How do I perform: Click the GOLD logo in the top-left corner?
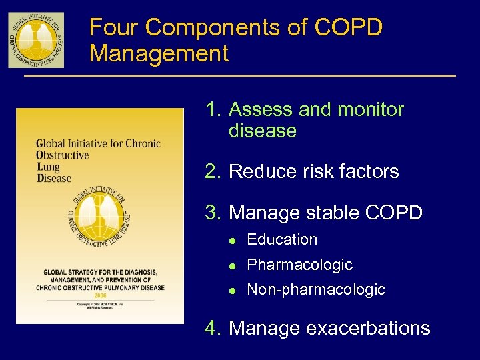36,39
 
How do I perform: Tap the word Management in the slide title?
159,53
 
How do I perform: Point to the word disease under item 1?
262,131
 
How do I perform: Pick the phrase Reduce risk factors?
313,171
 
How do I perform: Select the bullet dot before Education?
232,240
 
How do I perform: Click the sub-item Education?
282,239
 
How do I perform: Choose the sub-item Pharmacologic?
299,265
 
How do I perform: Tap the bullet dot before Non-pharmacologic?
232,290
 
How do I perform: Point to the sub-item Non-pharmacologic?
316,289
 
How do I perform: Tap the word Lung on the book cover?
48,167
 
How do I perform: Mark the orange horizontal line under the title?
240,77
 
